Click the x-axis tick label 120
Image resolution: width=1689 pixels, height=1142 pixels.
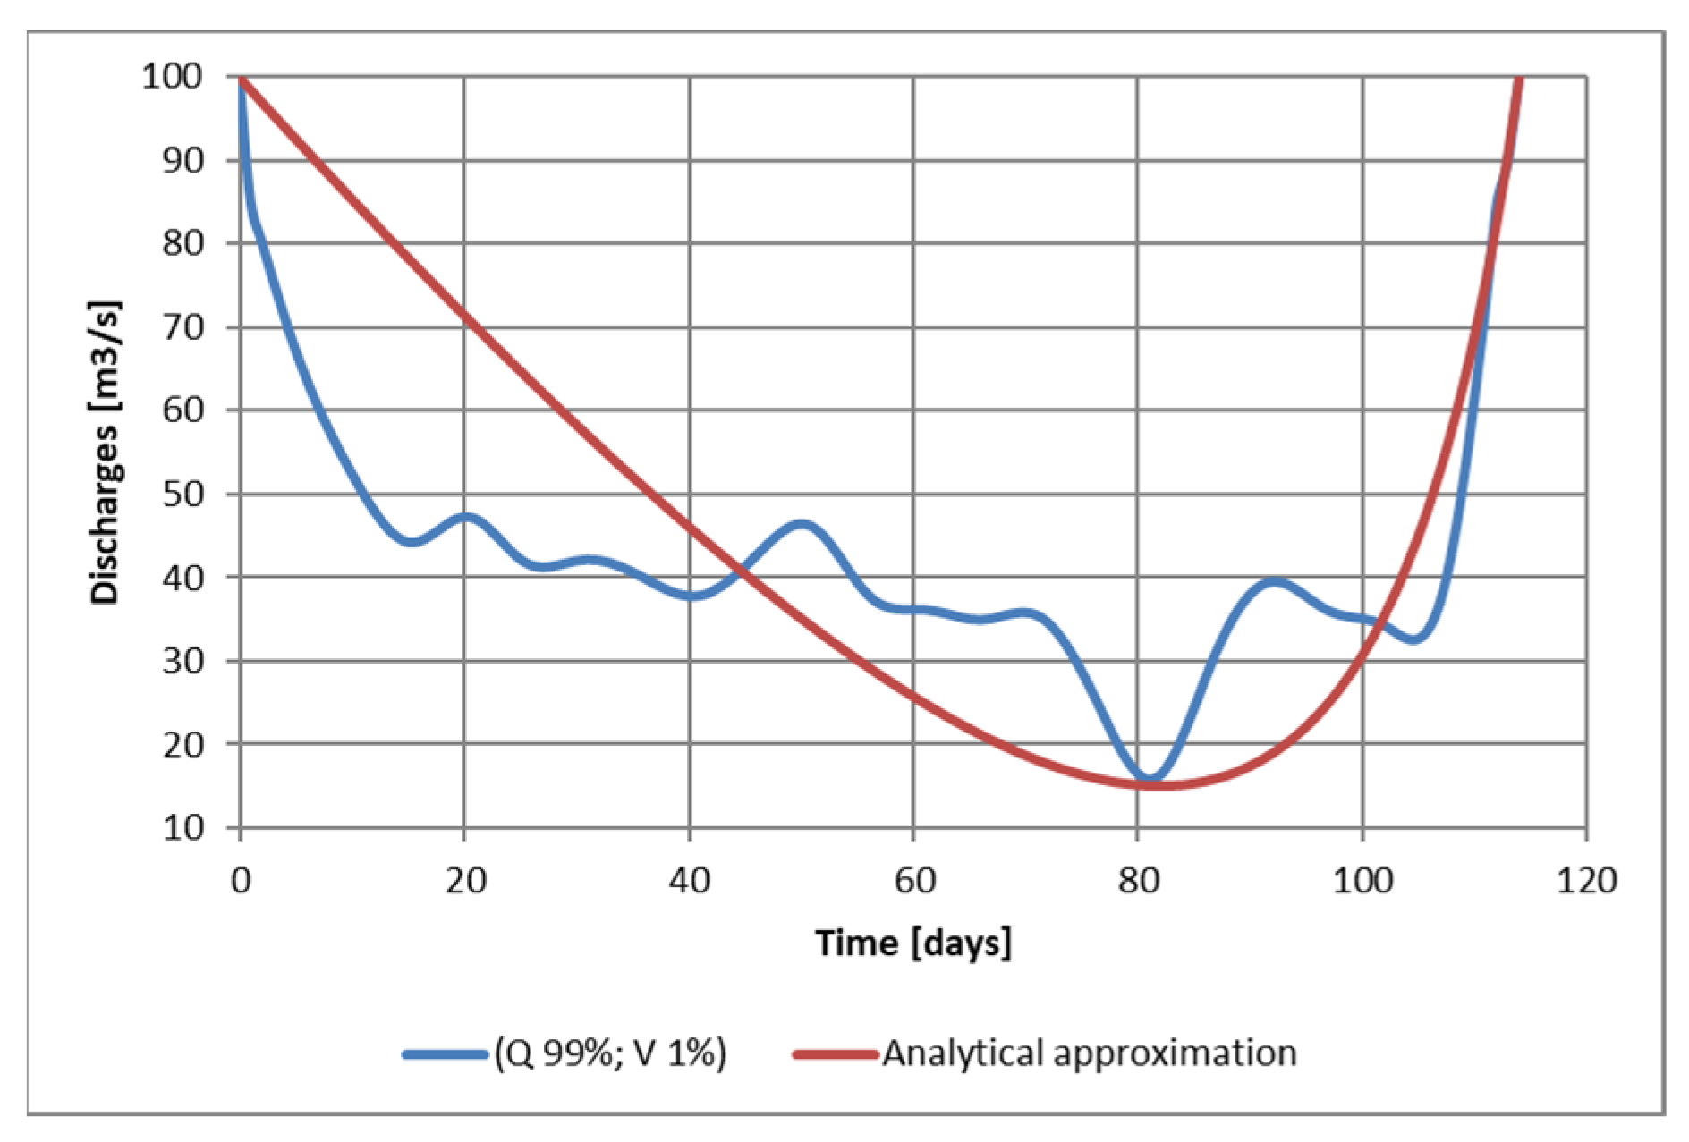pyautogui.click(x=1586, y=881)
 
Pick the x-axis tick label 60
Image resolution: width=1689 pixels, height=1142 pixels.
pyautogui.click(x=914, y=881)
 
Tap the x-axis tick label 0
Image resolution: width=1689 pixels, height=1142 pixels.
pyautogui.click(x=241, y=881)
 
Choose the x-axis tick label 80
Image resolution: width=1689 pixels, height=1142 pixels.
pyautogui.click(x=1138, y=881)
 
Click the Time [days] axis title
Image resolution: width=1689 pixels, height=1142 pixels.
pyautogui.click(x=913, y=943)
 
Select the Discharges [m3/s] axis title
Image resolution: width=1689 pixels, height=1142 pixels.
pyautogui.click(x=106, y=453)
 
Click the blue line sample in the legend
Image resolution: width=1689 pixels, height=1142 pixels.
pyautogui.click(x=444, y=1053)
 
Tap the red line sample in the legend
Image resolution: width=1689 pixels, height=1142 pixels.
pyautogui.click(x=835, y=1053)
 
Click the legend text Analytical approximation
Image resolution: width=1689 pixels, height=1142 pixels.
pyautogui.click(x=1089, y=1053)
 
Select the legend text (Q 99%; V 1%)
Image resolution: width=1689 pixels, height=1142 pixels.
pyautogui.click(x=609, y=1053)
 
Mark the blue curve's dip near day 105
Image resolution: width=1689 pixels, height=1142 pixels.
pyautogui.click(x=1413, y=639)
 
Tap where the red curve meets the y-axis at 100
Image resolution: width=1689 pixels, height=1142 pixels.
pyautogui.click(x=242, y=78)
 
